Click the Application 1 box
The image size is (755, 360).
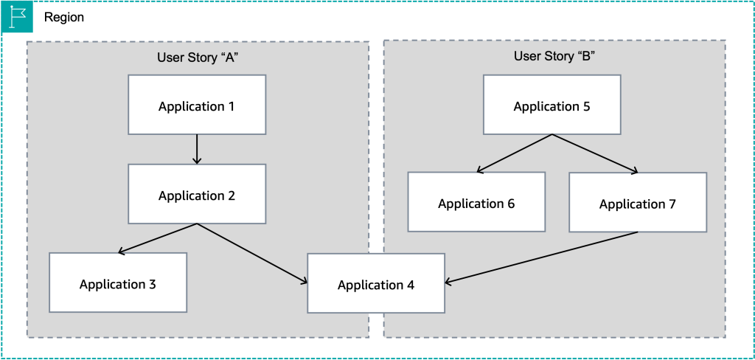(196, 105)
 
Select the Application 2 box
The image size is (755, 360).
(196, 194)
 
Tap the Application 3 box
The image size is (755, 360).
(117, 283)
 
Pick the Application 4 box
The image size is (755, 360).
(375, 283)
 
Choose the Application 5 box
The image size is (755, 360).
(552, 105)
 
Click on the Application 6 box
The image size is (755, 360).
(476, 202)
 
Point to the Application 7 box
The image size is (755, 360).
(637, 203)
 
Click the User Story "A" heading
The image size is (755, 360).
(196, 58)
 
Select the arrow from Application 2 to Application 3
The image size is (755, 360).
(158, 238)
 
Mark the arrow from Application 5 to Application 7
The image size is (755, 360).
(594, 153)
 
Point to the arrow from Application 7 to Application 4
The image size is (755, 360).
(542, 257)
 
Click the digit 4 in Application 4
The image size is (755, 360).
(410, 284)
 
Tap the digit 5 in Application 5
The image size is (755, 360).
(586, 105)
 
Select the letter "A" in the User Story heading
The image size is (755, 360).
(229, 58)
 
